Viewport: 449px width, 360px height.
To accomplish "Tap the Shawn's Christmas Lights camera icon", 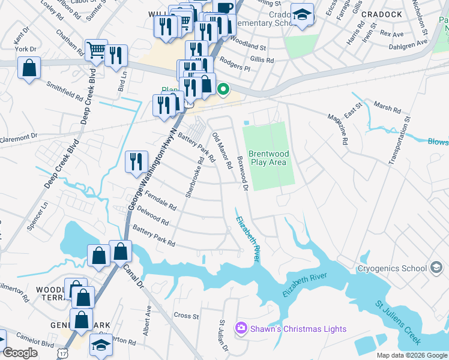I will pyautogui.click(x=241, y=328).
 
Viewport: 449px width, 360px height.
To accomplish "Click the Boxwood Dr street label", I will pyautogui.click(x=242, y=173).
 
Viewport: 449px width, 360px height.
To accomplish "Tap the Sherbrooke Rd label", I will pyautogui.click(x=195, y=178).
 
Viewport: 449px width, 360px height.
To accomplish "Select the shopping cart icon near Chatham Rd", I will pyautogui.click(x=96, y=50).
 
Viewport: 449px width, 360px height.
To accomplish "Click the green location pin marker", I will pyautogui.click(x=223, y=91).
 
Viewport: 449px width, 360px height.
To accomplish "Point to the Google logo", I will pyautogui.click(x=20, y=353).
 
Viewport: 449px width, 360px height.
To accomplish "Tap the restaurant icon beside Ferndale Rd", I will pyautogui.click(x=136, y=161).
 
